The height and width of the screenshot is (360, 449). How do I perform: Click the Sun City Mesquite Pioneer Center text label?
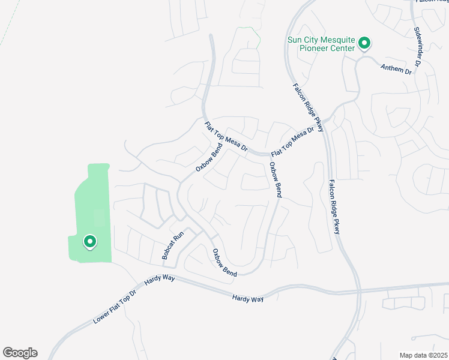(x=321, y=44)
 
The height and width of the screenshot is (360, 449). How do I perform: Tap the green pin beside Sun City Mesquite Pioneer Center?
(x=364, y=43)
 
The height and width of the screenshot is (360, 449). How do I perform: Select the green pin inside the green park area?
(x=89, y=242)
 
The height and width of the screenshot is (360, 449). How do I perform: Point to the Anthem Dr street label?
(x=396, y=69)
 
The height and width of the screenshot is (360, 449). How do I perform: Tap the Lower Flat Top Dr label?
(x=115, y=307)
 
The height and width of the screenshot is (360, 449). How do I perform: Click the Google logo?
(x=20, y=353)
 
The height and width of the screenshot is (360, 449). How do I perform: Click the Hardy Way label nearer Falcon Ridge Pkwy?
(x=249, y=298)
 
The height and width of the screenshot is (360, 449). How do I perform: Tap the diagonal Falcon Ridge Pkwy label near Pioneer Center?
(x=309, y=107)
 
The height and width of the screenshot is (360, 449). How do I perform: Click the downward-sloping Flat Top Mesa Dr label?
(x=226, y=137)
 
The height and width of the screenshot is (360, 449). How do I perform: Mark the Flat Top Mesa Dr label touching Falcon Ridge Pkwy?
(x=293, y=142)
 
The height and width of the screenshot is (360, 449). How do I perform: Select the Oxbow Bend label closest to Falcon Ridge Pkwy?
(x=275, y=180)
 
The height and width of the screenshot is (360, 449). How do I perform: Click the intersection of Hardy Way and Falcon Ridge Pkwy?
(x=359, y=290)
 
